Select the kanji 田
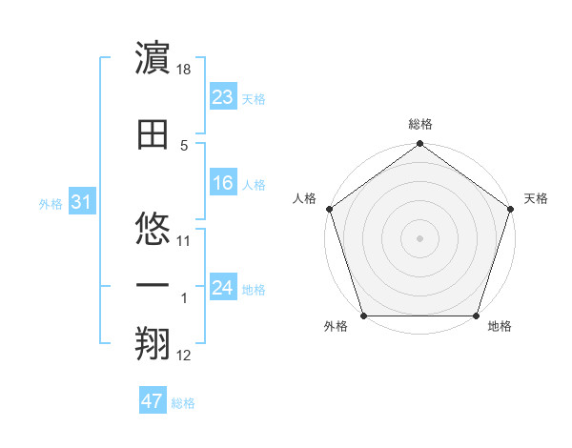[153, 133]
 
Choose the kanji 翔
[153, 346]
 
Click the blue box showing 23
[223, 97]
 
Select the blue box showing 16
[223, 184]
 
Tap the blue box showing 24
[223, 288]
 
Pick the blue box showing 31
[81, 202]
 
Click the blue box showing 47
[153, 401]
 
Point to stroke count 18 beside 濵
[185, 71]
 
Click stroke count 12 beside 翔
[185, 356]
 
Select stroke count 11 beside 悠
[185, 240]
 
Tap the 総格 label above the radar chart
[419, 124]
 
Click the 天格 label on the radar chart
[536, 198]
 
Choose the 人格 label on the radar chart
[304, 198]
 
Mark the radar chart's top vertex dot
[419, 145]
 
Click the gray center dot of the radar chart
[419, 237]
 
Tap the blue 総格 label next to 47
[183, 403]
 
